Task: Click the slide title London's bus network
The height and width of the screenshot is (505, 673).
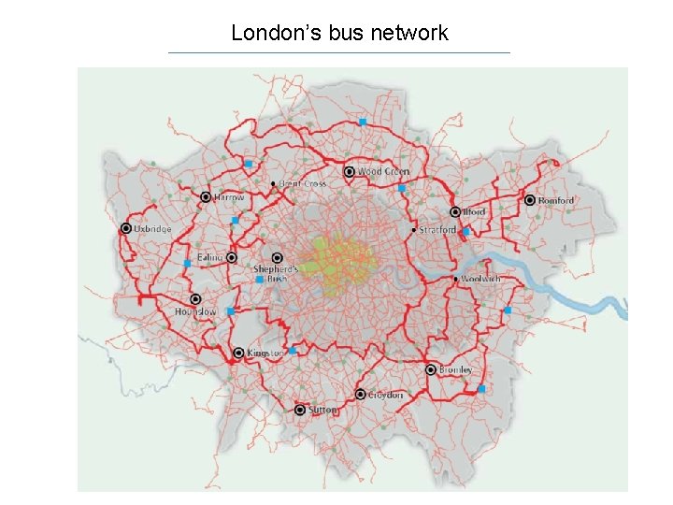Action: [339, 34]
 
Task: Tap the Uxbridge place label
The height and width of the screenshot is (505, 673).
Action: [153, 229]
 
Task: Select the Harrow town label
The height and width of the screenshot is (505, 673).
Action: [229, 198]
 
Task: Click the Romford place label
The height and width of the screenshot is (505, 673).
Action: [556, 200]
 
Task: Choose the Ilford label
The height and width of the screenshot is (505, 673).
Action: [475, 212]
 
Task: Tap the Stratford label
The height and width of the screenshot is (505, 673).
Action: [437, 229]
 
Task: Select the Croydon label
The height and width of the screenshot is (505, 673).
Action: [385, 396]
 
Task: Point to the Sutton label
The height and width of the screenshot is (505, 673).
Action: [323, 411]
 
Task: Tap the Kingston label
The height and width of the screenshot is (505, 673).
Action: [265, 353]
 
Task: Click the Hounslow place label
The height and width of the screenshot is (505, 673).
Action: [194, 312]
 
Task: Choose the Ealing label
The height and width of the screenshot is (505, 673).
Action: [210, 257]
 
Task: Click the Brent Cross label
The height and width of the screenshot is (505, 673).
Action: [303, 184]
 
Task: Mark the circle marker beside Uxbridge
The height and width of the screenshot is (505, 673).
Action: [125, 229]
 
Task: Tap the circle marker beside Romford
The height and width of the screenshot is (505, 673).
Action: [530, 200]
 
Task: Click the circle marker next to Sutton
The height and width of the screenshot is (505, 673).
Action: [300, 411]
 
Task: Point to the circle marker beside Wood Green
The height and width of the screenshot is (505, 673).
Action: [350, 172]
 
